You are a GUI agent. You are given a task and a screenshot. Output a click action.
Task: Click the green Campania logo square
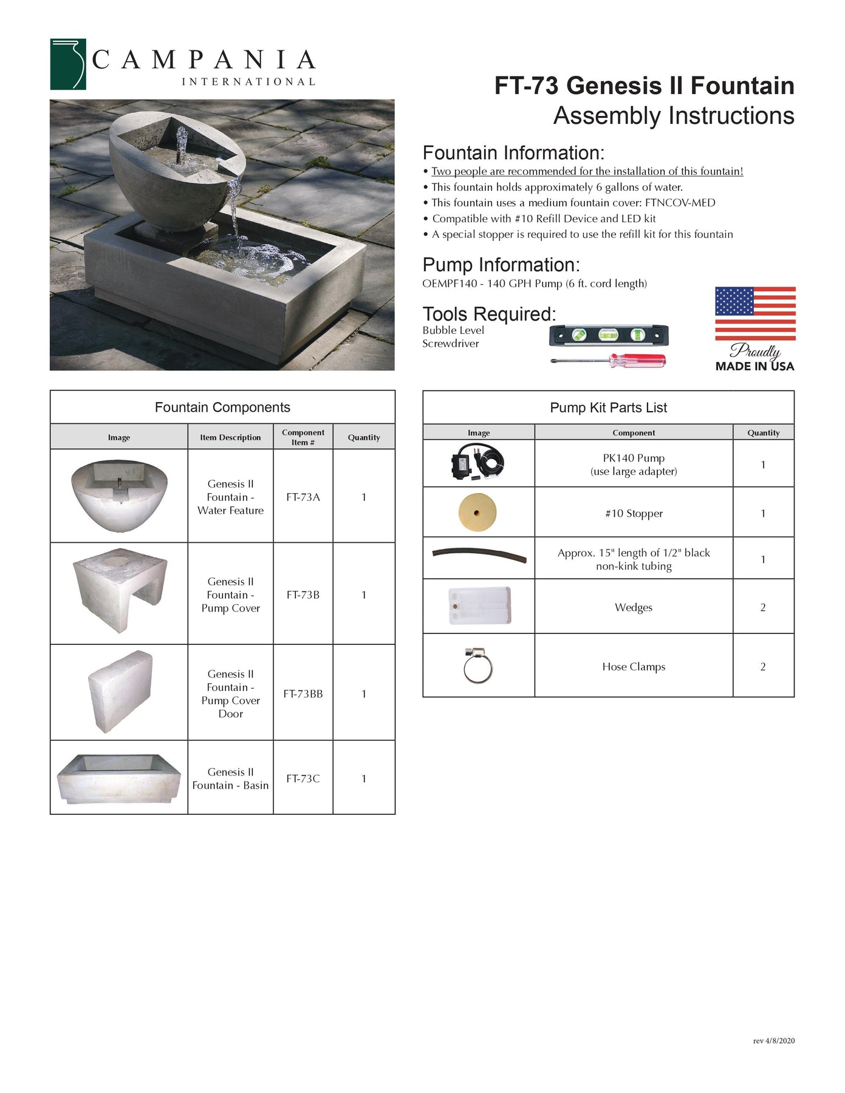[x=67, y=64]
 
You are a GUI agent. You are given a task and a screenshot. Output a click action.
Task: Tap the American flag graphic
[x=755, y=313]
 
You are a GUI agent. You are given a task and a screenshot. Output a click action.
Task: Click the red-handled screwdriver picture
[x=608, y=361]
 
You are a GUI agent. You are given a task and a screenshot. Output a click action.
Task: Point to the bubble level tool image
[x=608, y=335]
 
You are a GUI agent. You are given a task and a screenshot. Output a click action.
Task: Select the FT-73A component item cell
[x=303, y=497]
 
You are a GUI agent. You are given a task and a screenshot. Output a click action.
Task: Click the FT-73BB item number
[x=303, y=693]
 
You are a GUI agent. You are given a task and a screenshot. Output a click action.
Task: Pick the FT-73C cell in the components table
[x=303, y=778]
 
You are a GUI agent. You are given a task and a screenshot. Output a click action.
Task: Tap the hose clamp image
[x=477, y=666]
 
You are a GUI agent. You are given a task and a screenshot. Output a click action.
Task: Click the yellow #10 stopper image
[x=477, y=512]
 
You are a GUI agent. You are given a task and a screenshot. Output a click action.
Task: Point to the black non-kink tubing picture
[x=479, y=555]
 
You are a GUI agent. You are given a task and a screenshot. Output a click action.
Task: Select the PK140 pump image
[x=477, y=464]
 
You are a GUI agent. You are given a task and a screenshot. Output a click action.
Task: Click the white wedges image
[x=479, y=605]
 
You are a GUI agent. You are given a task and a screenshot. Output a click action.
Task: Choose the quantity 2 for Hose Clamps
[x=763, y=667]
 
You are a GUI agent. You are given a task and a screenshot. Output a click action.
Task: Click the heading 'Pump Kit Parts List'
[x=608, y=407]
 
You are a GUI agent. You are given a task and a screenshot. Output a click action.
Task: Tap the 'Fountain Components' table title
[x=222, y=407]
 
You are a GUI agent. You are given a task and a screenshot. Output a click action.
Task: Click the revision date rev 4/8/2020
[x=773, y=1041]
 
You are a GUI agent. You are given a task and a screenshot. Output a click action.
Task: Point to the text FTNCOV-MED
[x=680, y=203]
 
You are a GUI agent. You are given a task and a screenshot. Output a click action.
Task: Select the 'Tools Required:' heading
[x=489, y=314]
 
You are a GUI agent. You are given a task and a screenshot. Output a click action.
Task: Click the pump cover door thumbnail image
[x=120, y=692]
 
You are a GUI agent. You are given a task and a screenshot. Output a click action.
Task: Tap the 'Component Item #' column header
[x=303, y=437]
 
